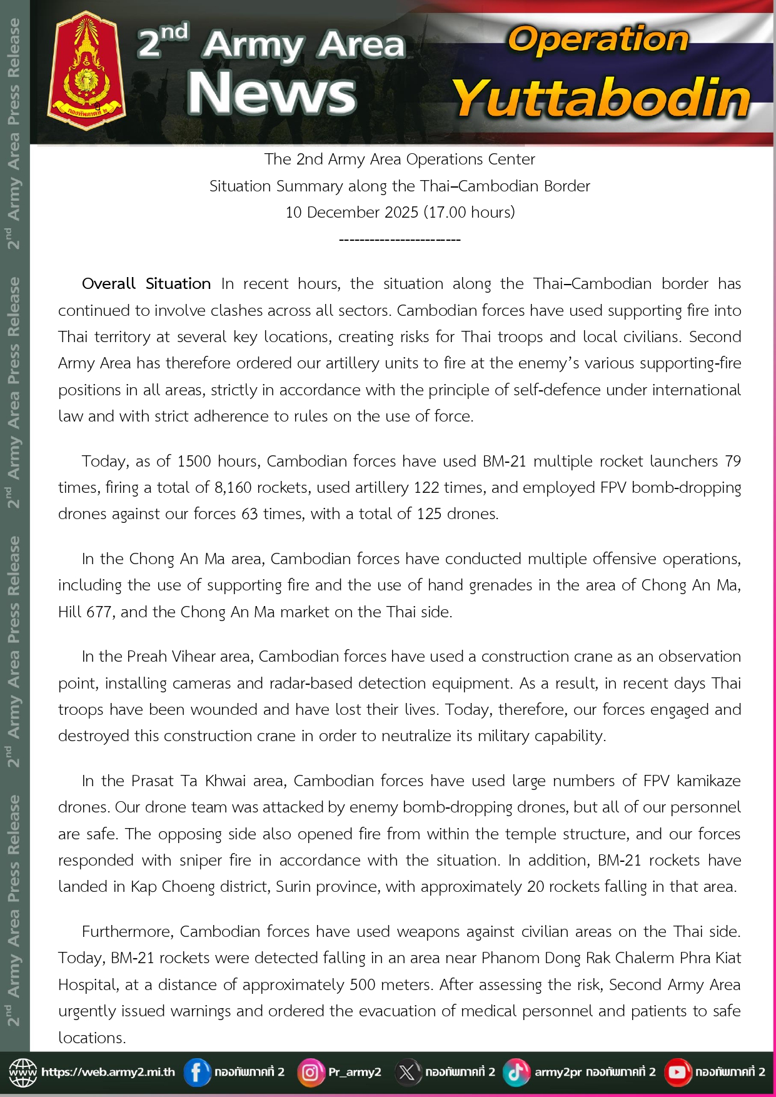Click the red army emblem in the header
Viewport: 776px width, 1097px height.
86,72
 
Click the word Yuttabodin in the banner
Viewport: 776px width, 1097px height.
600,98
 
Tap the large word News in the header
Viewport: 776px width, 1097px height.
271,93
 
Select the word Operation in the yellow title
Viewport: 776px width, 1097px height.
598,39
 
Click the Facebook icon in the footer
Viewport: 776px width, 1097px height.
196,1073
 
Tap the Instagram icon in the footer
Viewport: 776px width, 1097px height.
310,1073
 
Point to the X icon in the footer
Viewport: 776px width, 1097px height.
406,1073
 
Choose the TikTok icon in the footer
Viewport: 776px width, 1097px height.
516,1073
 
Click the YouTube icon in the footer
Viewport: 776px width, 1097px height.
677,1073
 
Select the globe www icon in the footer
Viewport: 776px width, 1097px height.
23,1073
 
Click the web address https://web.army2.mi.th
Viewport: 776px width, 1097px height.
108,1072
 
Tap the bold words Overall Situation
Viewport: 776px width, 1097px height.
146,284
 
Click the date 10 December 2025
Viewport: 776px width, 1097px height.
352,213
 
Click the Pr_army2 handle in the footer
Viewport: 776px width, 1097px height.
355,1072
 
